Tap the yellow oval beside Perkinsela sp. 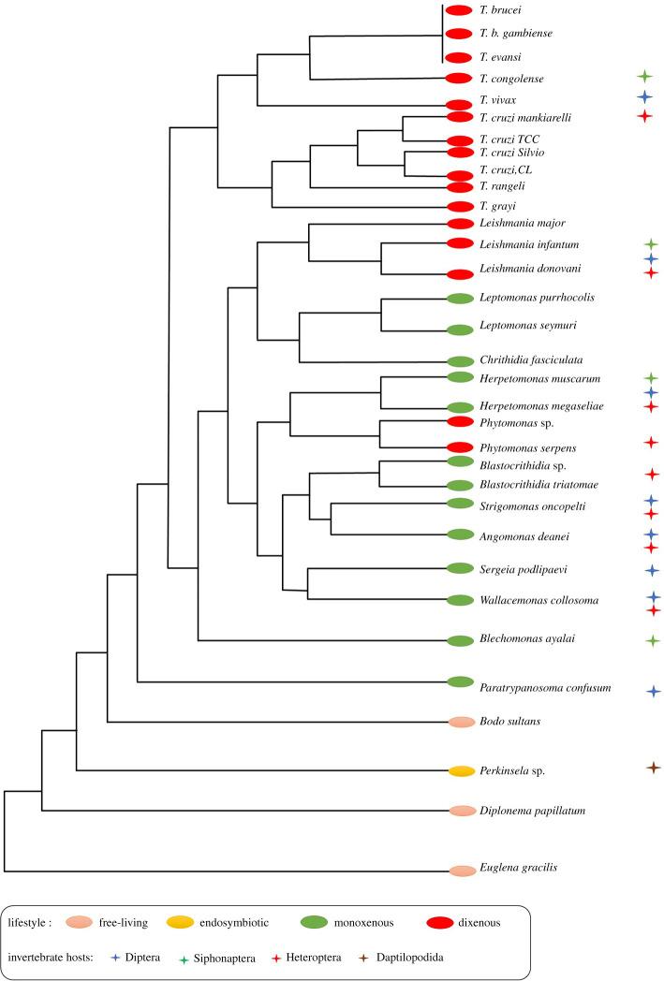[461, 771]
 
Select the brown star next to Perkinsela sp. [654, 768]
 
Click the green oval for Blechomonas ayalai [461, 640]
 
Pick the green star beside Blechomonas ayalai [654, 640]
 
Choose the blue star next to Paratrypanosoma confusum [654, 691]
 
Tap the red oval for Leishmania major [461, 223]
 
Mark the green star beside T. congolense [643, 75]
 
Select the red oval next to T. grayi [461, 206]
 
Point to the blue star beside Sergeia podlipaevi [654, 569]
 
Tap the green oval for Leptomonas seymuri [461, 329]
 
